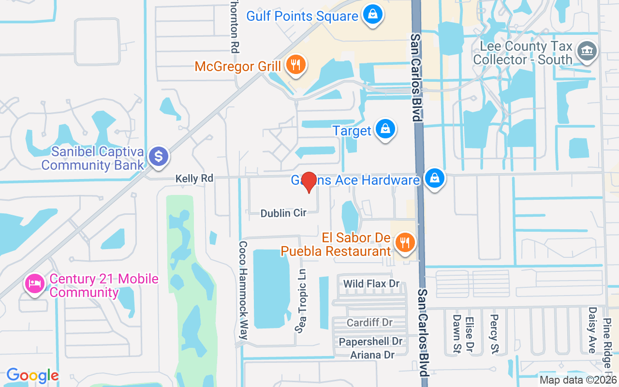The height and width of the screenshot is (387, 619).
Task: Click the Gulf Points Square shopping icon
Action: (373, 15)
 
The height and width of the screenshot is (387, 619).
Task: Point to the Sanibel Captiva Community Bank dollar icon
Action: (158, 157)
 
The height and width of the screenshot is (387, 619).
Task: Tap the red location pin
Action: (309, 182)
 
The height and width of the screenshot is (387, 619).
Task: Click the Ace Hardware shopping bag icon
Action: (435, 179)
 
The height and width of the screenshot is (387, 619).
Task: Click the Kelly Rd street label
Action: (194, 179)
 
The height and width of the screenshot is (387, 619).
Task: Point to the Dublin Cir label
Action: (283, 213)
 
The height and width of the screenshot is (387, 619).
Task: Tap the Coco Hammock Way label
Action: (244, 290)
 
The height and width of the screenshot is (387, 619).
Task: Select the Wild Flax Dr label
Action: (371, 283)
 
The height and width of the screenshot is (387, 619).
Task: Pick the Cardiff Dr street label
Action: (369, 322)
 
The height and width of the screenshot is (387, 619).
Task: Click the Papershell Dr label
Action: (370, 342)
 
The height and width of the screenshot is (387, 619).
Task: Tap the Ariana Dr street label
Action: (372, 355)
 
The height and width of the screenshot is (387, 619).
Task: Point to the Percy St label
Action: (494, 333)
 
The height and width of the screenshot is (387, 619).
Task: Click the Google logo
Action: (32, 375)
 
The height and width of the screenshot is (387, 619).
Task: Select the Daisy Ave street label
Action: (592, 330)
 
